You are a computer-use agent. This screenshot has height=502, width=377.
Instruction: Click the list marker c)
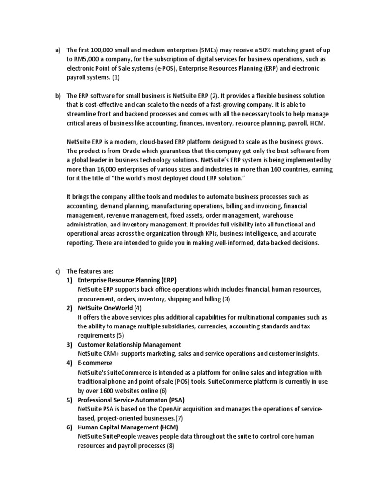click(x=57, y=271)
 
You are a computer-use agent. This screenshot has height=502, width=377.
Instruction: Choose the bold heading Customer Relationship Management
click(x=129, y=345)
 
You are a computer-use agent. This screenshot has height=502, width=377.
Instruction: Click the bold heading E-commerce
click(x=95, y=363)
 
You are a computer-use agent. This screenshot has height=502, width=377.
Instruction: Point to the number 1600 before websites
click(x=107, y=390)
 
